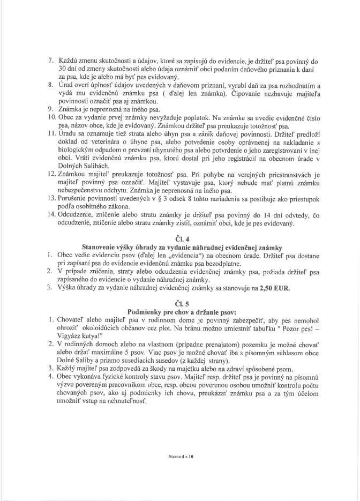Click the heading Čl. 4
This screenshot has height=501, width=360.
179,240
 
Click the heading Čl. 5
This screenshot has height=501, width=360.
179,302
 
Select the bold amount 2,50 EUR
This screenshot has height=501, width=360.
274,288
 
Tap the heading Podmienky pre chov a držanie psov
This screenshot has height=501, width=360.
179,311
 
